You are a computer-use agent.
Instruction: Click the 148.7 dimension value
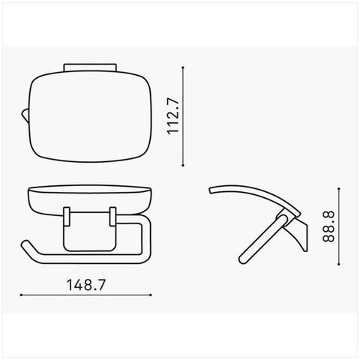point(86,285)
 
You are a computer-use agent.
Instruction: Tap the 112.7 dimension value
point(173,116)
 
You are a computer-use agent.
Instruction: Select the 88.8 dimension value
point(328,226)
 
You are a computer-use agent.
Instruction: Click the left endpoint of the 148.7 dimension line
point(21,295)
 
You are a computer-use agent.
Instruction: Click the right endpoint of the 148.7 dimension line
point(151,295)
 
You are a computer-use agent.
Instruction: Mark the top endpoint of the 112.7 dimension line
point(183,67)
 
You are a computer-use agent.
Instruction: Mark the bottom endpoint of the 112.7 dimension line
point(183,165)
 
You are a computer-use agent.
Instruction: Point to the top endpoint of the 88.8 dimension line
point(339,188)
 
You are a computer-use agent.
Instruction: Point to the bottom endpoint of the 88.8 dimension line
point(339,264)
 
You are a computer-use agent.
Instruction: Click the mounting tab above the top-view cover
point(90,67)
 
